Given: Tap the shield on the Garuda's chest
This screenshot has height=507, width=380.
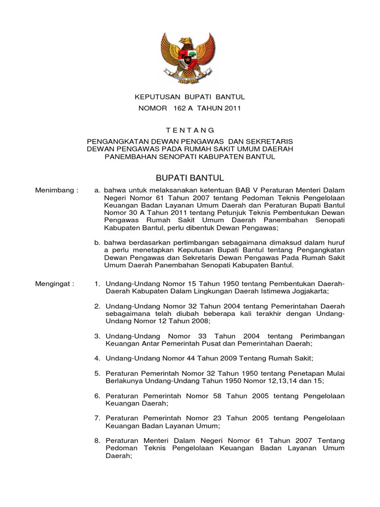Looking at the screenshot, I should coord(190,58).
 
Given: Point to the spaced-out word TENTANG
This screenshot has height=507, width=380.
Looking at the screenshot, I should coord(190,130).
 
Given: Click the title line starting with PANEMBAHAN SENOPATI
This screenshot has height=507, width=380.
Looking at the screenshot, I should coord(190,156).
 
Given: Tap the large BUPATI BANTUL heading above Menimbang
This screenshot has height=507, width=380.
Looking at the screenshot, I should coord(190,177).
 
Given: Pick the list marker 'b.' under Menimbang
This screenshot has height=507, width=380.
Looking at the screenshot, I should coord(97,242).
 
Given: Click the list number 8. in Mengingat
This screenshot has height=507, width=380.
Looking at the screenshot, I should coord(97,440).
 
